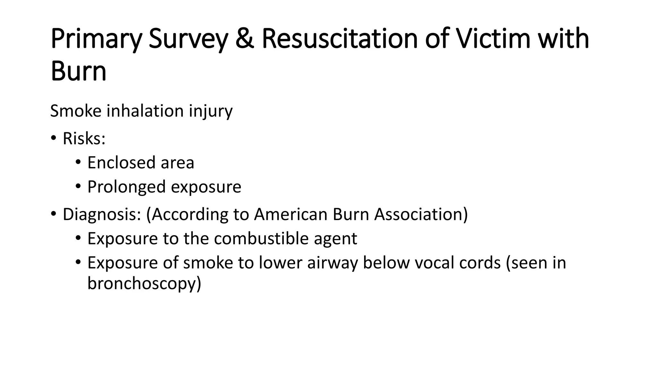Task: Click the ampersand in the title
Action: click(x=245, y=39)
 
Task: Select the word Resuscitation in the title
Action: click(x=339, y=39)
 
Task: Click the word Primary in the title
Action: click(x=96, y=39)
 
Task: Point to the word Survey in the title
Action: click(x=188, y=39)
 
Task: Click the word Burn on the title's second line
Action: click(x=78, y=71)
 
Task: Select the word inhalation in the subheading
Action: click(x=145, y=111)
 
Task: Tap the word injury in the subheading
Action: click(x=210, y=111)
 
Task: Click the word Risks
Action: click(x=84, y=139)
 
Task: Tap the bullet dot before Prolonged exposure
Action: click(x=78, y=186)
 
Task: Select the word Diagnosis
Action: click(x=102, y=214)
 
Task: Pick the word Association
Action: click(x=421, y=214)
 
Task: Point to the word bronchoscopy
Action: click(x=144, y=284)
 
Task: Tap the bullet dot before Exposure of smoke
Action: click(x=78, y=263)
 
